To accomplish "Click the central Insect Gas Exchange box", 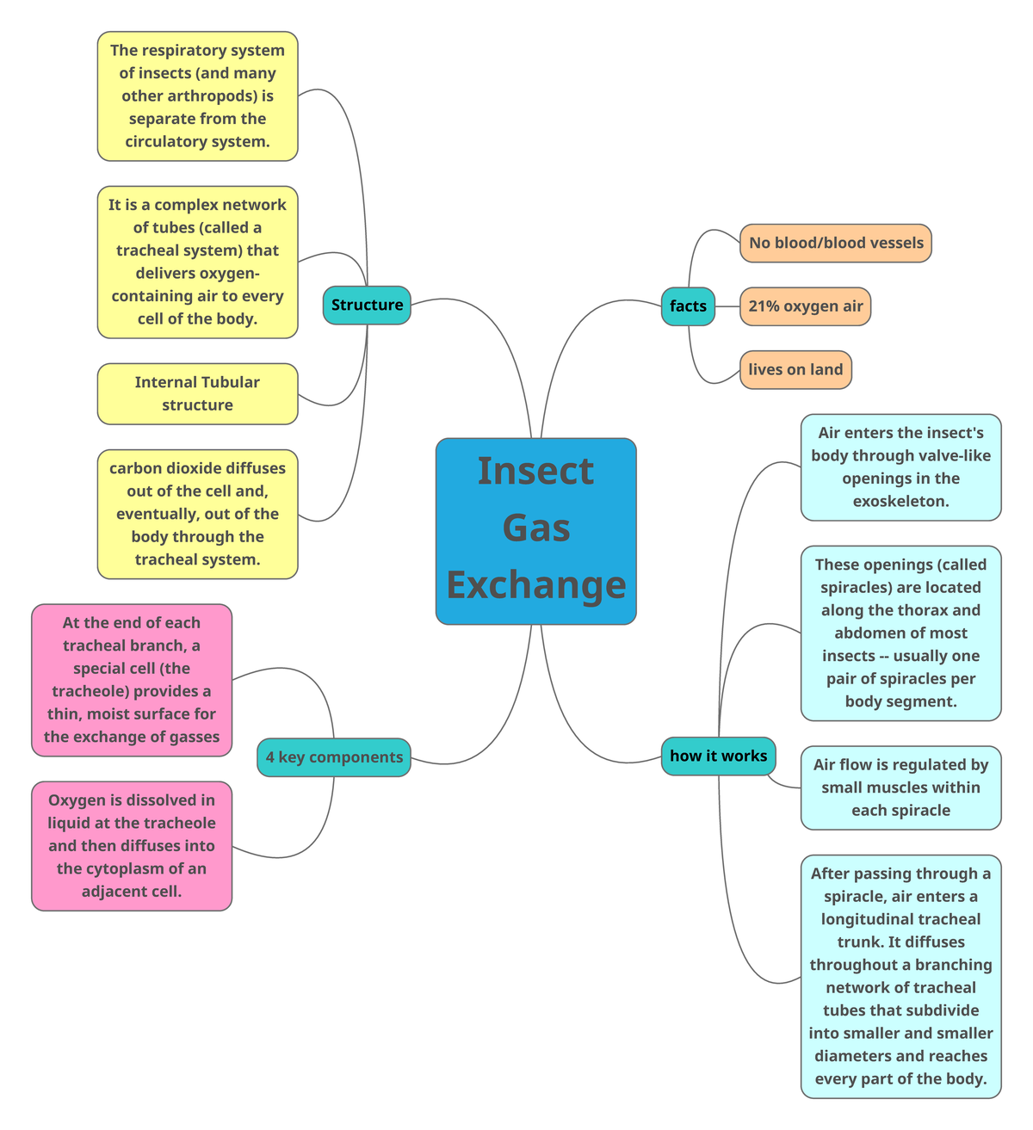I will [x=535, y=530].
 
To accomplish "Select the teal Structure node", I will [x=367, y=306].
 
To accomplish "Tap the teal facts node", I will [x=688, y=306].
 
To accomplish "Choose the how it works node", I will [x=718, y=756].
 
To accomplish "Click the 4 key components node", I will [x=334, y=757].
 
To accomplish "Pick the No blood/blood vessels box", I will [x=835, y=243].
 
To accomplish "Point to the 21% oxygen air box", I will [x=805, y=306].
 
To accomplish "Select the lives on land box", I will [x=795, y=370].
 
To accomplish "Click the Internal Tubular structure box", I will [x=197, y=394].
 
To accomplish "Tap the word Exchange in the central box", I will [x=535, y=585].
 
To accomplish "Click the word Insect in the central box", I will [x=535, y=471].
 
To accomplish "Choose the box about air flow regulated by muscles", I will [x=900, y=787].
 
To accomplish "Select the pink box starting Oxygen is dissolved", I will [x=132, y=846].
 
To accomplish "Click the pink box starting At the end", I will [x=132, y=680].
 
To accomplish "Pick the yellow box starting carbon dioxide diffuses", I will [x=197, y=514].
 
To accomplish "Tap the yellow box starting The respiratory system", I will [x=197, y=96].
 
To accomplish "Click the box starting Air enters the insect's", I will [x=900, y=467].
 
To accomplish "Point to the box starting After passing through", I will [x=900, y=976].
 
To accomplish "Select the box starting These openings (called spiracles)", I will [x=900, y=633].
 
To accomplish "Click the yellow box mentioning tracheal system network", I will [x=197, y=262].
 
